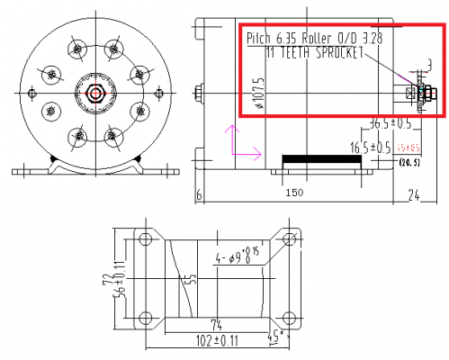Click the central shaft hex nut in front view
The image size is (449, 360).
point(94,92)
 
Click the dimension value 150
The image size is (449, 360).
point(295,193)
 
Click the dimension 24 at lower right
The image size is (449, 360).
point(415,193)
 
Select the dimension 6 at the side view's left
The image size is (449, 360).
point(198,193)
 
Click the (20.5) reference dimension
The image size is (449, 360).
point(410,162)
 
